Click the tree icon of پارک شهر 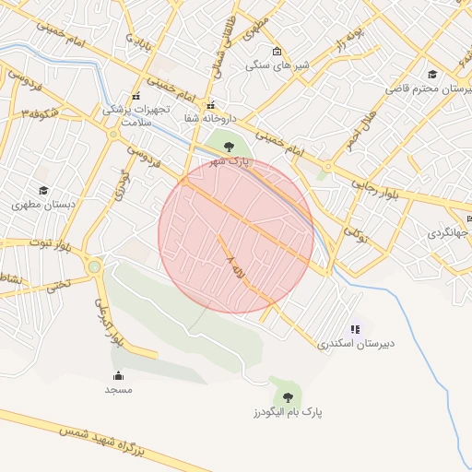tap(229, 145)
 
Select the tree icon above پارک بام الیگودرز tap(289, 396)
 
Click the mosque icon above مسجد tap(118, 375)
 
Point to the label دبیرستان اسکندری tap(356, 344)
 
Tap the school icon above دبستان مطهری tap(42, 190)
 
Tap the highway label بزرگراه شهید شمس tap(101, 439)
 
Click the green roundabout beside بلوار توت tap(95, 267)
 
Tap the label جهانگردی tap(447, 234)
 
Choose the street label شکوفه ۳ tap(41, 112)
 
